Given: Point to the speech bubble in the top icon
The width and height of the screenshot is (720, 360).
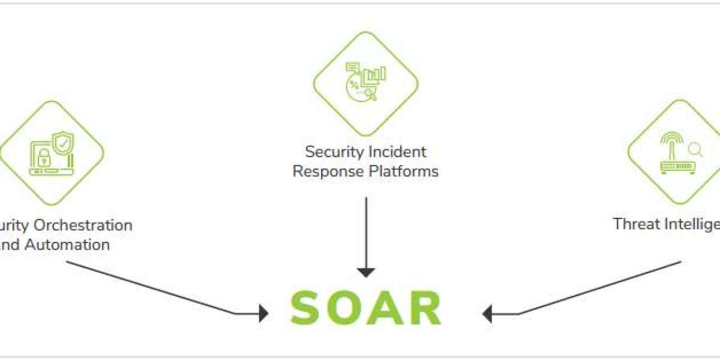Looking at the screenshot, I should (352, 68).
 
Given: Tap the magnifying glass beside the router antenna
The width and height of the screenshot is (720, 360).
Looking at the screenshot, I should (695, 148).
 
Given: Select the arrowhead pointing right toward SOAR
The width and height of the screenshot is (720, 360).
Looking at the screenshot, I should (263, 313).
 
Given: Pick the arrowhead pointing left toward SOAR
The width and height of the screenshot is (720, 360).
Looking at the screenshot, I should (487, 313).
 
